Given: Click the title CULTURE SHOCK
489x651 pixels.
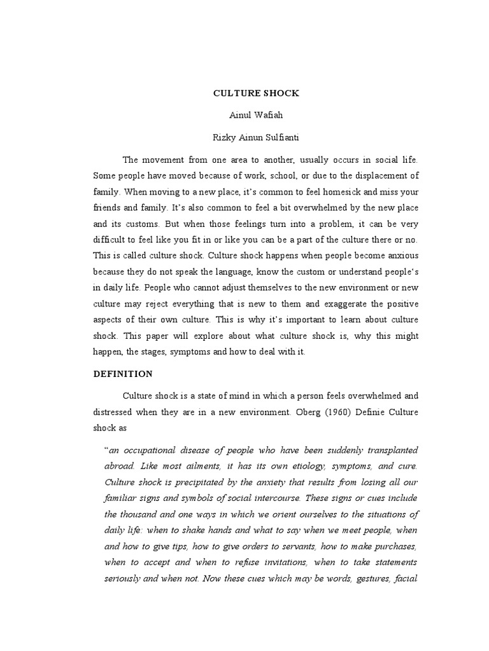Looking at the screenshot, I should (x=256, y=93).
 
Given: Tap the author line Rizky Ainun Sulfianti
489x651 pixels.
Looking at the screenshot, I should (x=256, y=137).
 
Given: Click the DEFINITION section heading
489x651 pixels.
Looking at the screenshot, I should (x=123, y=374).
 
